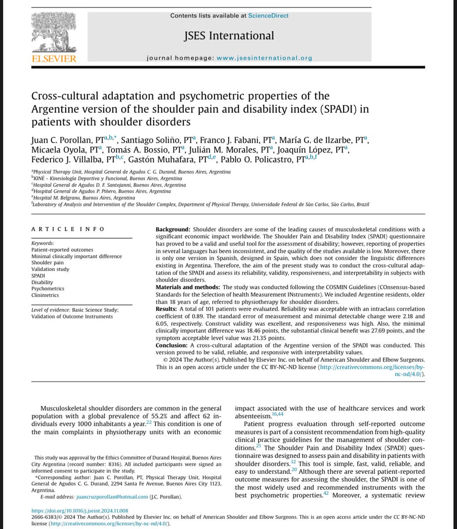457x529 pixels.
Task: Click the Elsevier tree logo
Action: coord(54,31)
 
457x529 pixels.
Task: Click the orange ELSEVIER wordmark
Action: coord(54,59)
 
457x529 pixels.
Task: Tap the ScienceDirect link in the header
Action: coord(268,15)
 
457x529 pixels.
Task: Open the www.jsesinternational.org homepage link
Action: coord(271,57)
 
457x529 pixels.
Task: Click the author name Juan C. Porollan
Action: coord(63,140)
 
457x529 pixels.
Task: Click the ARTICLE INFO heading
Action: coord(68,229)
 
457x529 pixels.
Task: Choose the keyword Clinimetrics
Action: coord(45,295)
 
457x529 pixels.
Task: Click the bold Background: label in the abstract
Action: coord(173,229)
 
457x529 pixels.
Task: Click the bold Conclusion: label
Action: coord(172,345)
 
